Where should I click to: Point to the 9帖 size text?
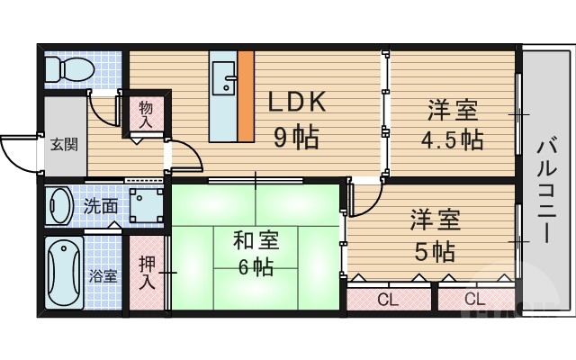click(296, 139)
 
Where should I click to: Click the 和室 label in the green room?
click(256, 240)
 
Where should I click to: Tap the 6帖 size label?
click(256, 267)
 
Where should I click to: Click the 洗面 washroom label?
click(101, 205)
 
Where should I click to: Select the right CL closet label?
click(475, 299)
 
